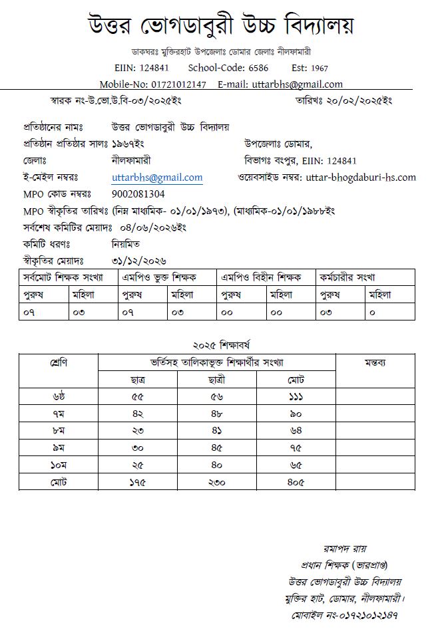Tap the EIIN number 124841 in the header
click(x=153, y=68)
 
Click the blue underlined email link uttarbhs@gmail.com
click(x=157, y=178)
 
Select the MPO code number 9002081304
click(x=138, y=194)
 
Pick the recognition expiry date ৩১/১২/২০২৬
click(x=139, y=261)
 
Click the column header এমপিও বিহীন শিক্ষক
click(x=261, y=277)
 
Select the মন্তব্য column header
click(x=375, y=363)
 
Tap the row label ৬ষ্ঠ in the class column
click(x=59, y=397)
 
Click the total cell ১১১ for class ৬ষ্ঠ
click(x=296, y=397)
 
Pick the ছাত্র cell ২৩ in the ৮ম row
click(x=138, y=430)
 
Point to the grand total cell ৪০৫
click(x=296, y=481)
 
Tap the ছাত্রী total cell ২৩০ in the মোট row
click(x=216, y=481)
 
